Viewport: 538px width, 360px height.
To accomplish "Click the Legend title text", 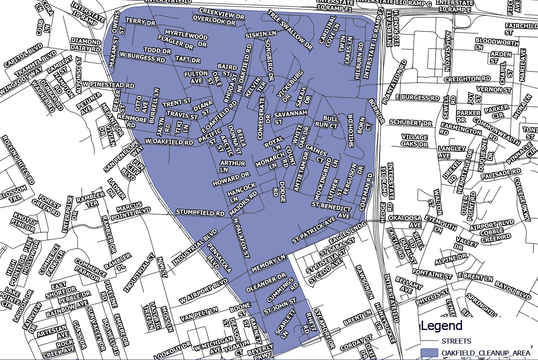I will (441, 326).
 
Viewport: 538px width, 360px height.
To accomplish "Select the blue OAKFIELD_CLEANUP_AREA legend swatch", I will (430, 353).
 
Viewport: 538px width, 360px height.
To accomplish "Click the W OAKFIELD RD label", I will (169, 142).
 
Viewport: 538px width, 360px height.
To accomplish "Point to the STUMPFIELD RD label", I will (200, 212).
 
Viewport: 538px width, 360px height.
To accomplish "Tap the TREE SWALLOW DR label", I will (290, 31).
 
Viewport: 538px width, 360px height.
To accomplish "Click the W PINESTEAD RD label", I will (108, 85).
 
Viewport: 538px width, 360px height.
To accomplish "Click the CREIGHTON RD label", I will (468, 78).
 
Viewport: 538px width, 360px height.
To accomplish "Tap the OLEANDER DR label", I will (266, 283).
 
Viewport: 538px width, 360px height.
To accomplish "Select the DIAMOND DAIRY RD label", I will (86, 45).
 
